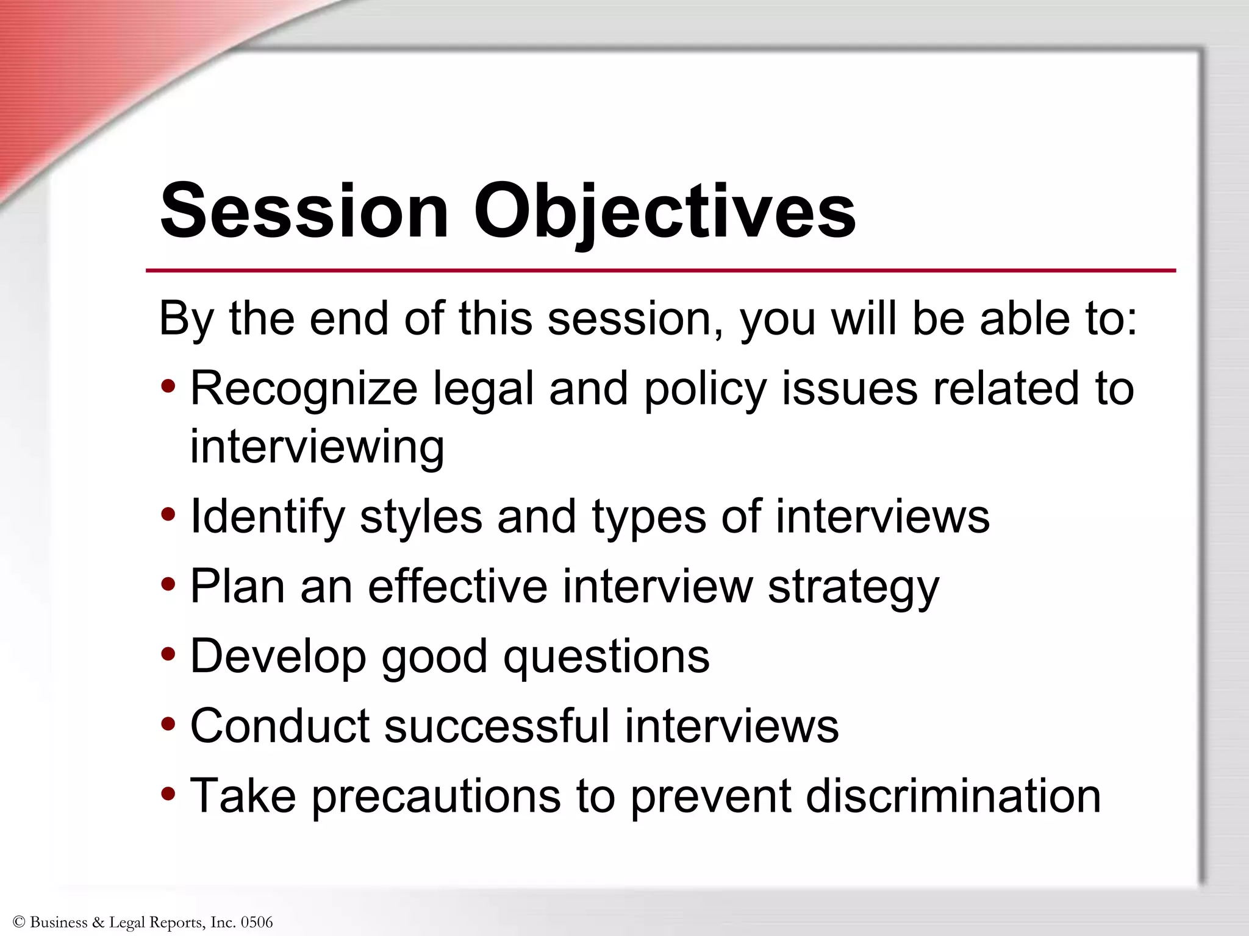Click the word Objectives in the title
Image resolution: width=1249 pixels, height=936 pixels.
tap(665, 211)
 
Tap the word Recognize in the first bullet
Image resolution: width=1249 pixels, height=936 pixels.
tap(304, 389)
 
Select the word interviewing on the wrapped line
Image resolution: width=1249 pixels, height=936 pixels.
tap(317, 447)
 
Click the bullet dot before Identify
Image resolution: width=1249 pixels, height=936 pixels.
tap(168, 516)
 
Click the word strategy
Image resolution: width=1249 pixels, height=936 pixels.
tap(853, 587)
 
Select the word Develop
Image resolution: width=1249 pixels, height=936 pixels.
tap(278, 657)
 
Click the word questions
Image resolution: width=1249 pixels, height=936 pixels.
tap(606, 657)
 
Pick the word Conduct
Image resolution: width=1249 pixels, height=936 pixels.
tap(280, 726)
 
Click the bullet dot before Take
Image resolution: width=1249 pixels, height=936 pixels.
tap(168, 795)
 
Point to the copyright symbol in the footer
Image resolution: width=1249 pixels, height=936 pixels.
tap(18, 922)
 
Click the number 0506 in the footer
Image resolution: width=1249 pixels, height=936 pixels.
tap(257, 922)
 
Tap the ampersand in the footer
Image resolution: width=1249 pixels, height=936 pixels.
tap(98, 922)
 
